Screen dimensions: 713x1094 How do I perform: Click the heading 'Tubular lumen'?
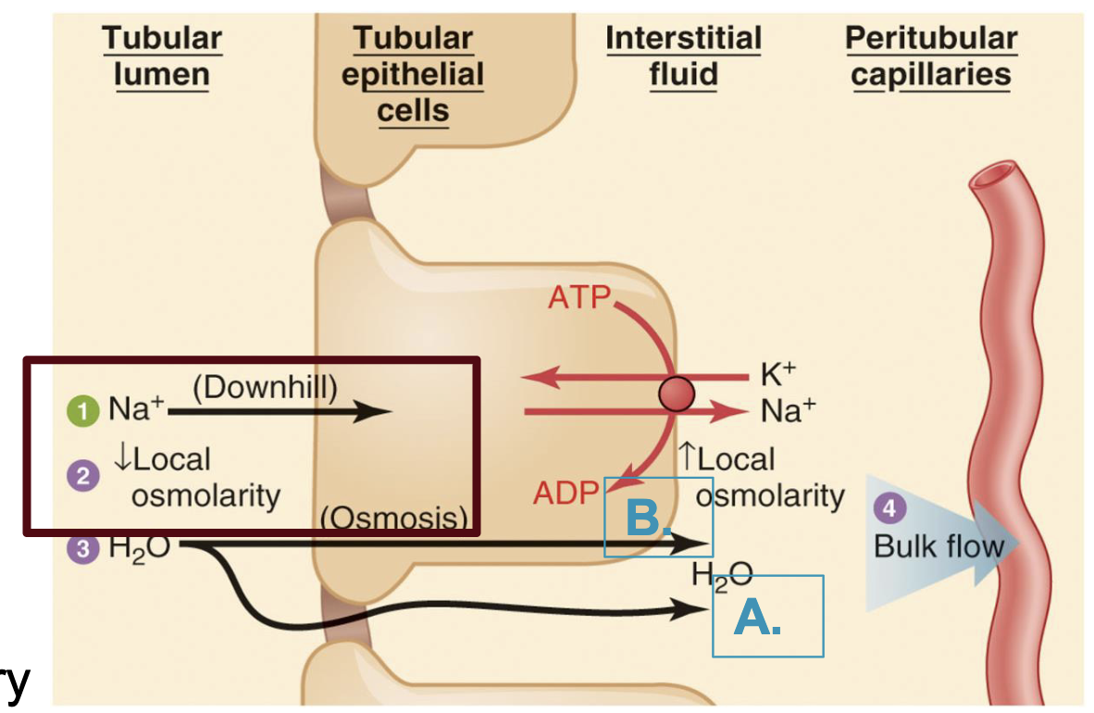point(161,56)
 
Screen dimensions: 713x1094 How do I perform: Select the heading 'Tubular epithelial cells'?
point(412,74)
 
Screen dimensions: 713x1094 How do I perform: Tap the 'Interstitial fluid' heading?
point(683,56)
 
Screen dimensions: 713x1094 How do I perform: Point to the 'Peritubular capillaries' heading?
point(930,56)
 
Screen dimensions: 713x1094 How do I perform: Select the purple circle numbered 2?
point(84,477)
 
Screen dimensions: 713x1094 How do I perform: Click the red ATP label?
point(578,298)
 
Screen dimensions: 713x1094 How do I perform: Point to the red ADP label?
point(566,493)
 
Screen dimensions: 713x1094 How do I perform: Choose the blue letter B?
point(647,519)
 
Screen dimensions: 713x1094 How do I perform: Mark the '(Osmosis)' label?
point(394,518)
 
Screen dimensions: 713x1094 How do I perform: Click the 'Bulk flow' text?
point(938,545)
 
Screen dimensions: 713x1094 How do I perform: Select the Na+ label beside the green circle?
point(133,411)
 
